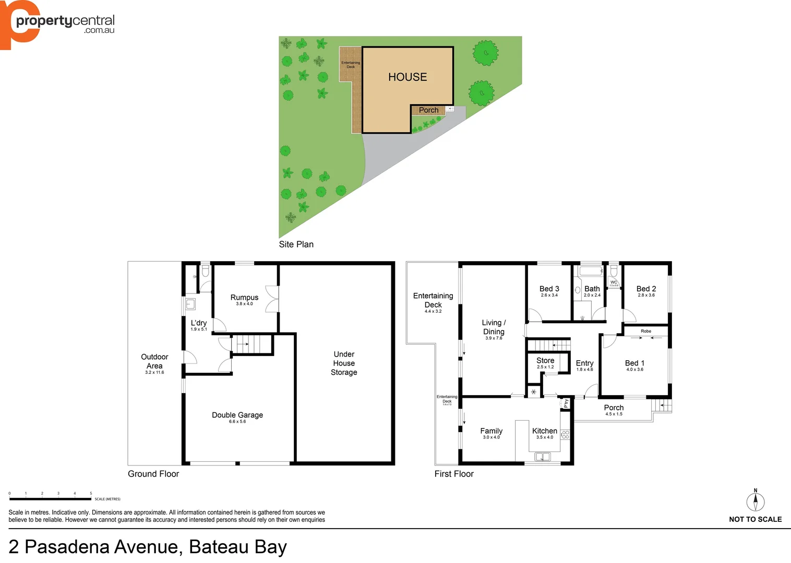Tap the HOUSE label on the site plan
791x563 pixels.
click(408, 77)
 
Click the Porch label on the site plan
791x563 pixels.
click(428, 110)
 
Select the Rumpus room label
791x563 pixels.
click(244, 298)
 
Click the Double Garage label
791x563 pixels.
click(237, 415)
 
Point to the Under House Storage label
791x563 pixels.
click(344, 363)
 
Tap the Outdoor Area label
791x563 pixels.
click(154, 361)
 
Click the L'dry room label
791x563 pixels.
click(198, 323)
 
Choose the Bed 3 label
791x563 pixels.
click(549, 289)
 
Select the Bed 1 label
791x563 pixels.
click(634, 363)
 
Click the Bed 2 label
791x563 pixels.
click(646, 289)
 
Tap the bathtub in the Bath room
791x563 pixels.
click(591, 271)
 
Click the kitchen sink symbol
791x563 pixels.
click(543, 457)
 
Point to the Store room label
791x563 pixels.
click(545, 361)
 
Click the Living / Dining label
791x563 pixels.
click(494, 327)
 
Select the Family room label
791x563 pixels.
click(491, 431)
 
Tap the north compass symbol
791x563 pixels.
click(755, 501)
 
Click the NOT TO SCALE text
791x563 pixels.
click(755, 519)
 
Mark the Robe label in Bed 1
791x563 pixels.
click(646, 331)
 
